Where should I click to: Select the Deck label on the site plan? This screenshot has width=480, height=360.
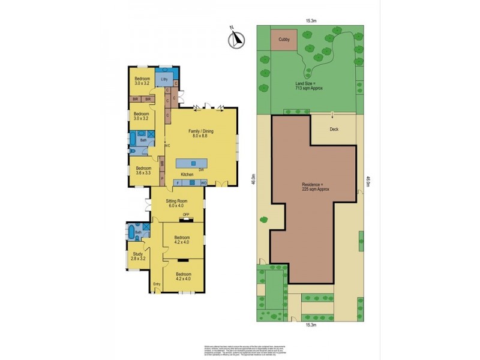334,129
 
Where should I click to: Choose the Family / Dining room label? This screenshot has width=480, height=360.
201,134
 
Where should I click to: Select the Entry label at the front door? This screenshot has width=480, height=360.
157,284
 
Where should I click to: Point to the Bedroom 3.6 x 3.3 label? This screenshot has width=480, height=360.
143,170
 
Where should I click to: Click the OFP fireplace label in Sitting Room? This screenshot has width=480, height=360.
186,215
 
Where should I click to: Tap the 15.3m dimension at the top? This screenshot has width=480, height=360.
310,20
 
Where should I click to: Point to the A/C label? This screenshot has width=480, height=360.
168,145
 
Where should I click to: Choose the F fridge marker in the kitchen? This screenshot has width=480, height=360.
178,182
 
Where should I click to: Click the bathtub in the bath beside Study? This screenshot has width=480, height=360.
130,232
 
